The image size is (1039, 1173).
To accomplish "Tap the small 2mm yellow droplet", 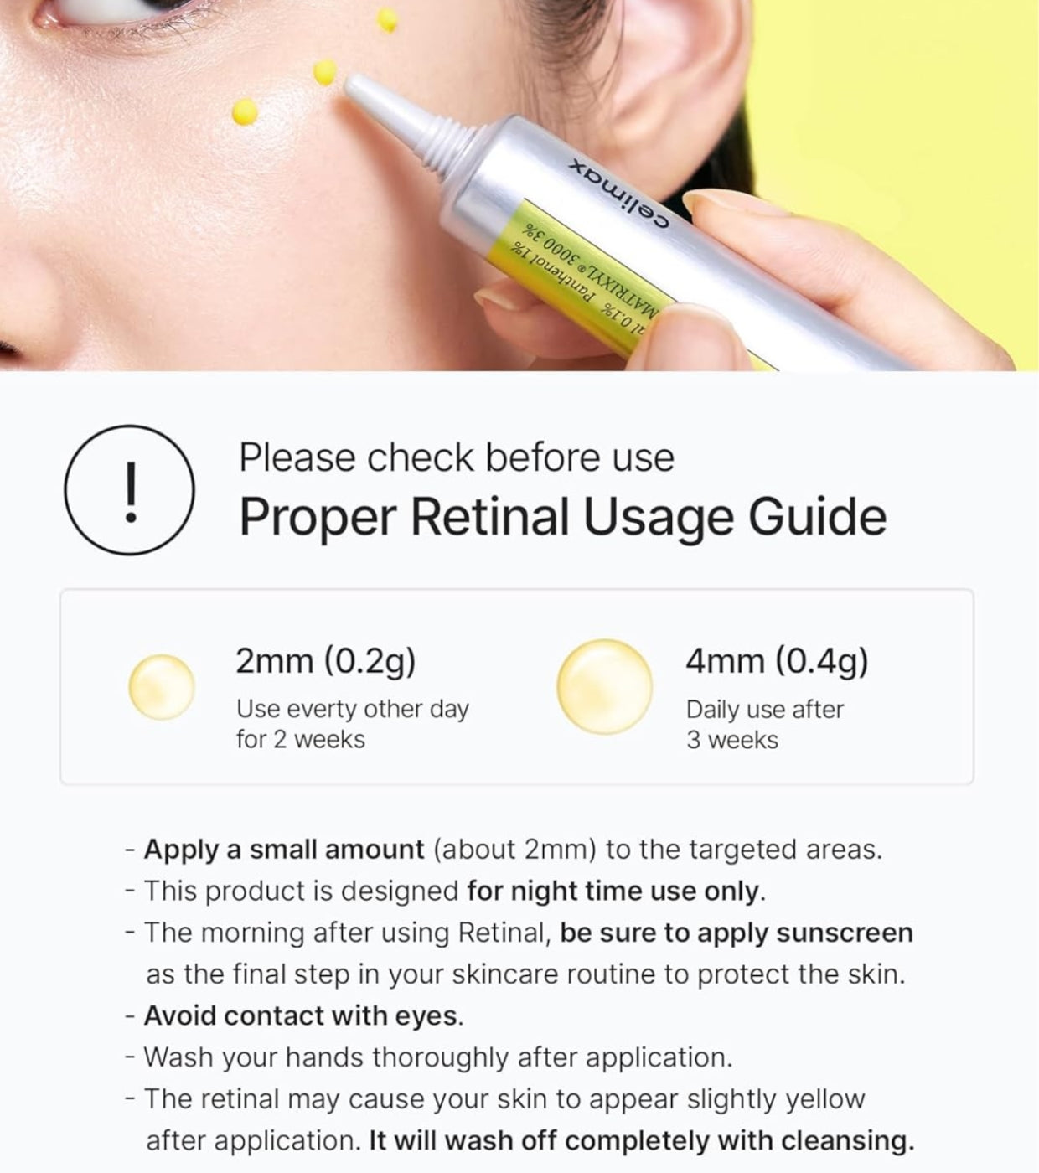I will pos(162,688).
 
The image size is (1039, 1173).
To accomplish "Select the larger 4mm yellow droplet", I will pos(604,687).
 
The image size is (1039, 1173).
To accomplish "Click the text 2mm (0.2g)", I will pos(326,661).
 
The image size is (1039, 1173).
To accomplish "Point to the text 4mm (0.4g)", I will pos(777,661).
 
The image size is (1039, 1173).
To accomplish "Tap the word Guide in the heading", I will pos(817,516).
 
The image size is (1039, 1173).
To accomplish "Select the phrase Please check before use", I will pos(456,457).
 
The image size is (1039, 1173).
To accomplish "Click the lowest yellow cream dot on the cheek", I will pos(244,111).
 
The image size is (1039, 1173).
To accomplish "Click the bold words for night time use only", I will pos(614,891).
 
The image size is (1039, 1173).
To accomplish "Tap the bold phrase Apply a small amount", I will pos(284,850).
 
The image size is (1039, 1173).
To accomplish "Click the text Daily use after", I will pos(764,710).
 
